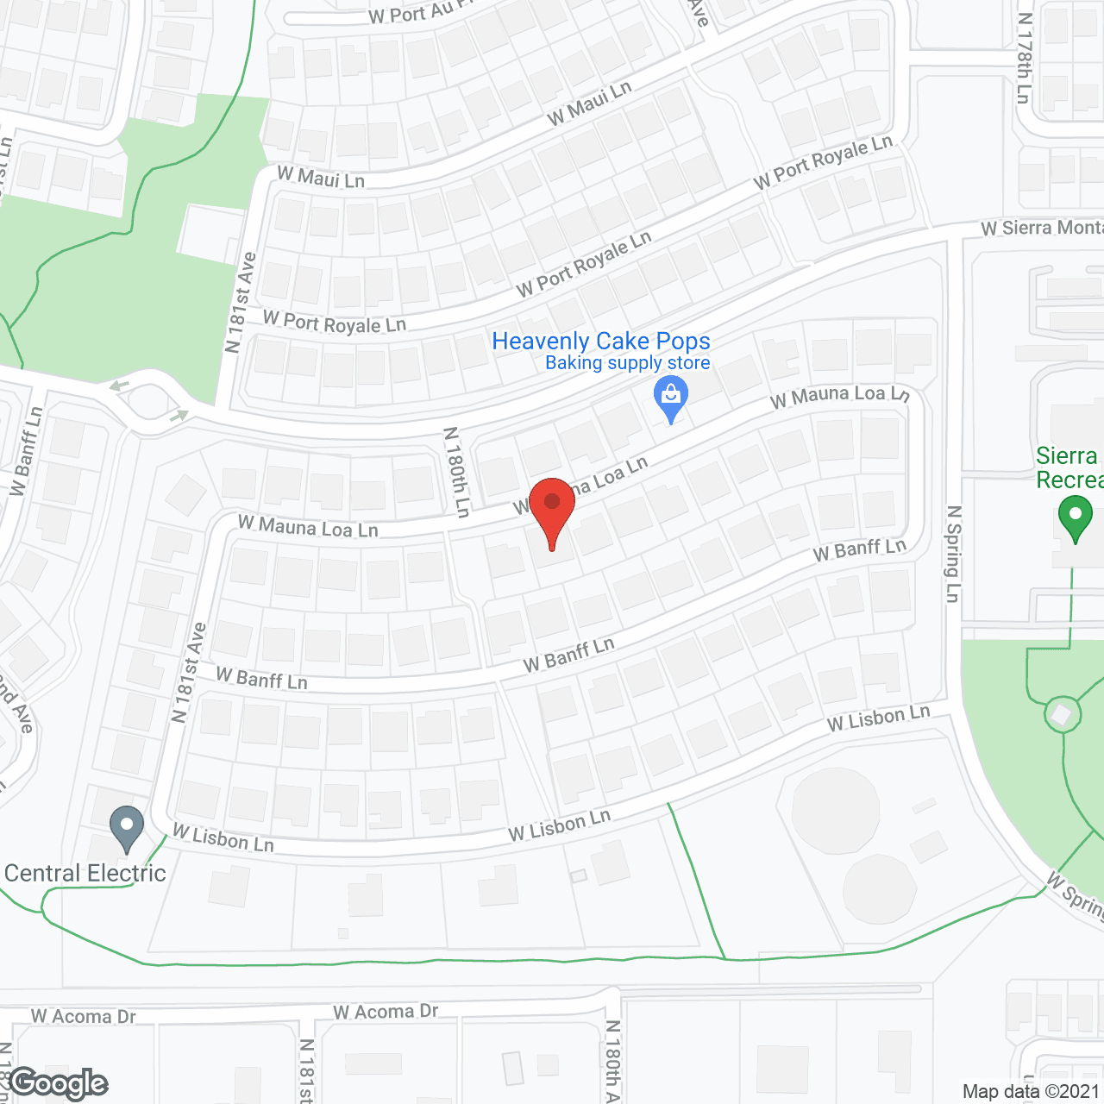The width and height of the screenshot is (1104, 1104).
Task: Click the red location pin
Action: click(x=552, y=509)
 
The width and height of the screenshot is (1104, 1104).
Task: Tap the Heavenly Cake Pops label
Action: click(x=600, y=342)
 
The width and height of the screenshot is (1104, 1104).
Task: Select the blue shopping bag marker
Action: click(x=670, y=399)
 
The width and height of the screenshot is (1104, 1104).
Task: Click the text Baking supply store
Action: click(x=627, y=363)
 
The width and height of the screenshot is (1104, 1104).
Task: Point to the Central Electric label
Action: click(x=85, y=874)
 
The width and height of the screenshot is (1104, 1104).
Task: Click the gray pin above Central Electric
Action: click(x=127, y=827)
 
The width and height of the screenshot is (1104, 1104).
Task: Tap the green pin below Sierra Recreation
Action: click(x=1075, y=519)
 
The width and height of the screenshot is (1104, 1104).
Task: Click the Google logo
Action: click(x=59, y=1083)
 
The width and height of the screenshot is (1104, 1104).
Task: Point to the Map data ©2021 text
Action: click(x=1032, y=1092)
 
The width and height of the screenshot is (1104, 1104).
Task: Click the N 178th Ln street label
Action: click(x=1024, y=59)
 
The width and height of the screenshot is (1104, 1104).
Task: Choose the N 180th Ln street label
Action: click(x=456, y=472)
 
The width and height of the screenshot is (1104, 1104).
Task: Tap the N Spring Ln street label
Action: click(x=953, y=554)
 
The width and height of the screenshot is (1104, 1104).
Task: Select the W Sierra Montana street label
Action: click(x=1042, y=228)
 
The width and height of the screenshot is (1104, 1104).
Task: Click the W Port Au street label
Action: click(x=410, y=13)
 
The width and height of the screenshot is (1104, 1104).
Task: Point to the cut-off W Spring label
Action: click(x=1075, y=897)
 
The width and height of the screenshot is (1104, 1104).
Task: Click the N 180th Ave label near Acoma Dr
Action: click(x=612, y=1061)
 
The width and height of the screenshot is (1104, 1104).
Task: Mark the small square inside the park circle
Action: click(x=1062, y=714)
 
